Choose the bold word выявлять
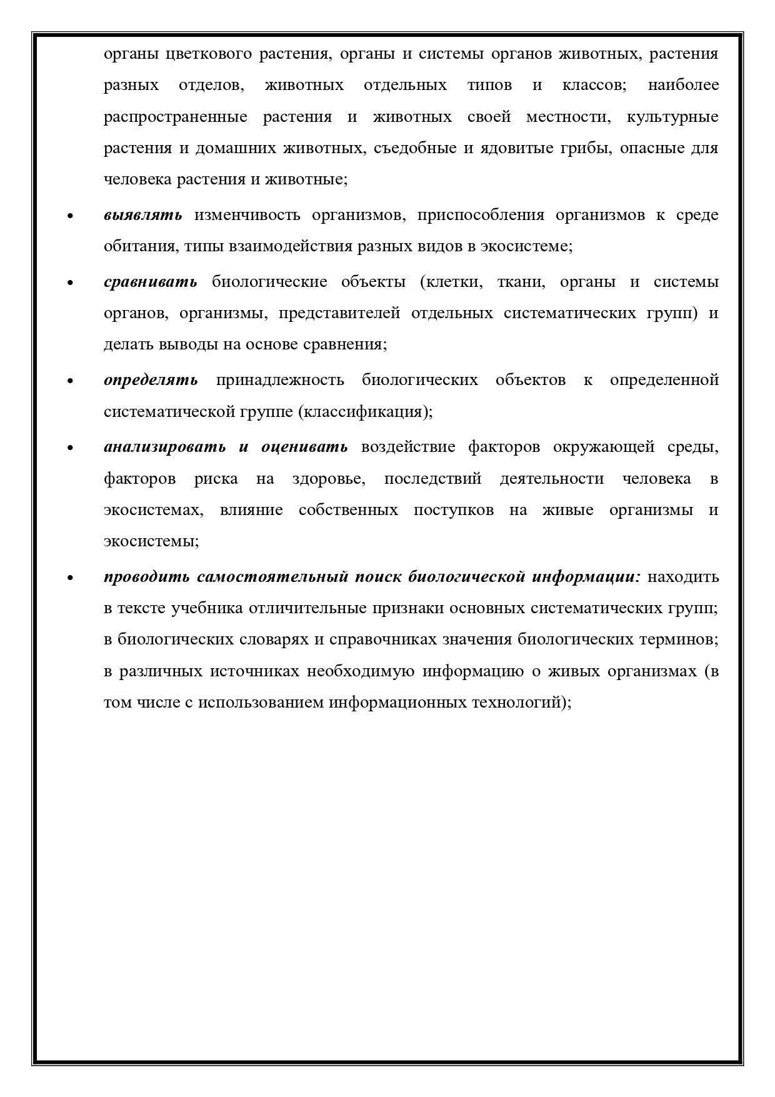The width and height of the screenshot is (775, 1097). click(143, 215)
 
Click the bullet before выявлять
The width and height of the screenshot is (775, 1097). click(70, 216)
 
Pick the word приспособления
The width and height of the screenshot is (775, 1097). click(479, 215)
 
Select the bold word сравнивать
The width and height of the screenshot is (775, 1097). click(151, 282)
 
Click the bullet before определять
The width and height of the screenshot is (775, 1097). click(70, 381)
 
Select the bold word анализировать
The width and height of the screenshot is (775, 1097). click(165, 447)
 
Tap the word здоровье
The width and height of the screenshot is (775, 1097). click(329, 479)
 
